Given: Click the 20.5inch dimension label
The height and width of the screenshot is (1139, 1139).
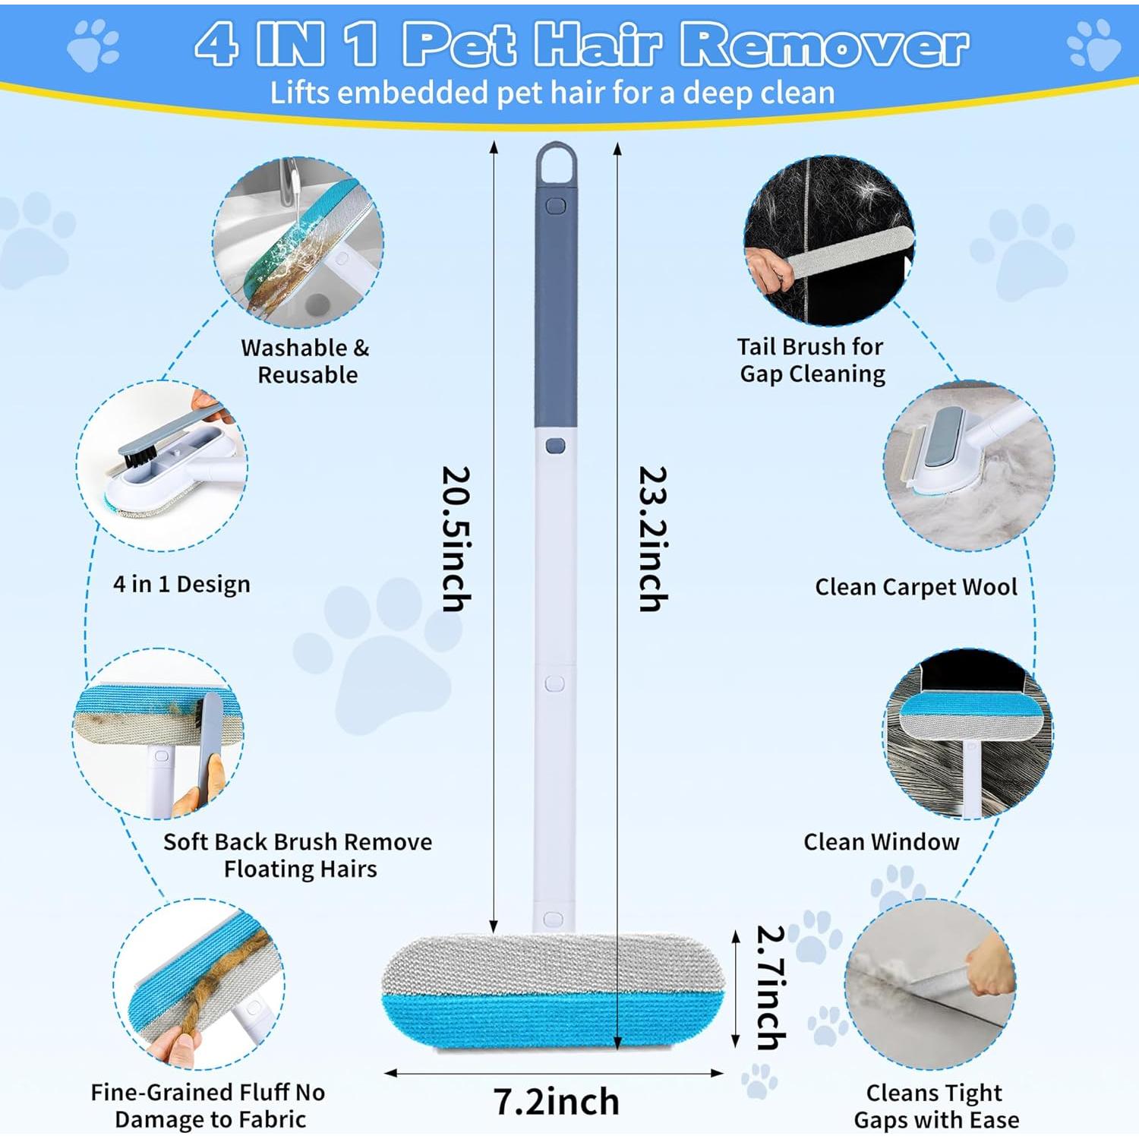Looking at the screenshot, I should click(x=457, y=538).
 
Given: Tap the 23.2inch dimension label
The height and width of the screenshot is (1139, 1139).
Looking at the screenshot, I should click(x=653, y=538).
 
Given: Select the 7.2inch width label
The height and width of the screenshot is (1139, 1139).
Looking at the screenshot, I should click(x=556, y=1101).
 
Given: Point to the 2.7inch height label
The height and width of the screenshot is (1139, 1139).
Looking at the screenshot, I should click(x=771, y=987).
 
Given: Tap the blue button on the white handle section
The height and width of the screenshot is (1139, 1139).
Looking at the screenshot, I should click(x=555, y=446).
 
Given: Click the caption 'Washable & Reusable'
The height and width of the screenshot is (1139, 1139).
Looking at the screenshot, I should click(x=306, y=361).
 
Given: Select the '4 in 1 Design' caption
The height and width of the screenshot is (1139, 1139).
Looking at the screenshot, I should click(x=181, y=584).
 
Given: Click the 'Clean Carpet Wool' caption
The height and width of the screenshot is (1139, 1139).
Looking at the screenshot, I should click(x=916, y=587).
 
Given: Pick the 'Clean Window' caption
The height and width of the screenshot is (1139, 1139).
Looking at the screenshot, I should click(x=881, y=841).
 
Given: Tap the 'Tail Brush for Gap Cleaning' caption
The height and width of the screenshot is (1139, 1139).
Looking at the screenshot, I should click(x=811, y=360).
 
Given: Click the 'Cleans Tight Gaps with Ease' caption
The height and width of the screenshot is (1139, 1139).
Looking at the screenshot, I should click(x=935, y=1106).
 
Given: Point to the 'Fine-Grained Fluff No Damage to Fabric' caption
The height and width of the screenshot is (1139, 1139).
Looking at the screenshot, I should click(x=209, y=1106).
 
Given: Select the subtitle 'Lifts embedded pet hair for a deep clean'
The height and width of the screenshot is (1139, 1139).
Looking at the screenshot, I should click(x=552, y=93).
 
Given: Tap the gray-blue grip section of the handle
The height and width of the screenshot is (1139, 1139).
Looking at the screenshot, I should click(x=556, y=319).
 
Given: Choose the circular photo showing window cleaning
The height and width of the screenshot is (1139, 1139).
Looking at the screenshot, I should click(x=968, y=734).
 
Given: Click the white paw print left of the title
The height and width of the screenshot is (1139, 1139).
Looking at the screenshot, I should click(x=93, y=46).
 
